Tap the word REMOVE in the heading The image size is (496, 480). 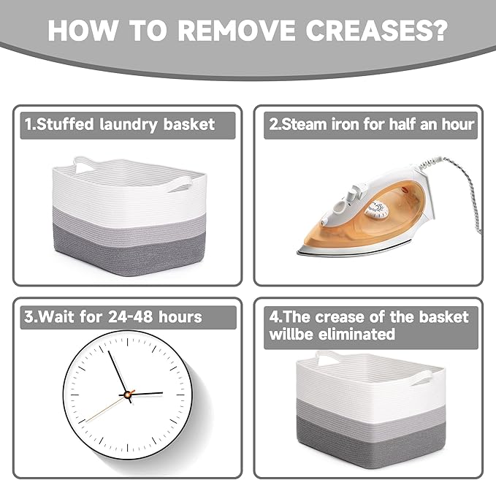(x=236, y=30)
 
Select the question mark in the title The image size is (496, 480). (x=438, y=30)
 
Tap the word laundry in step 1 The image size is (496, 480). (x=129, y=124)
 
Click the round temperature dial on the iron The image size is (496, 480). (x=376, y=210)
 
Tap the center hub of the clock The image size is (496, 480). (x=128, y=395)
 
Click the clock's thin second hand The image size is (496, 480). (x=107, y=408)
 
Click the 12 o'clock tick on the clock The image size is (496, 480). (x=128, y=342)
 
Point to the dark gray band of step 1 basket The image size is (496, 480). (x=130, y=250)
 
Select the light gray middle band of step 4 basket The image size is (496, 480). (x=371, y=408)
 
